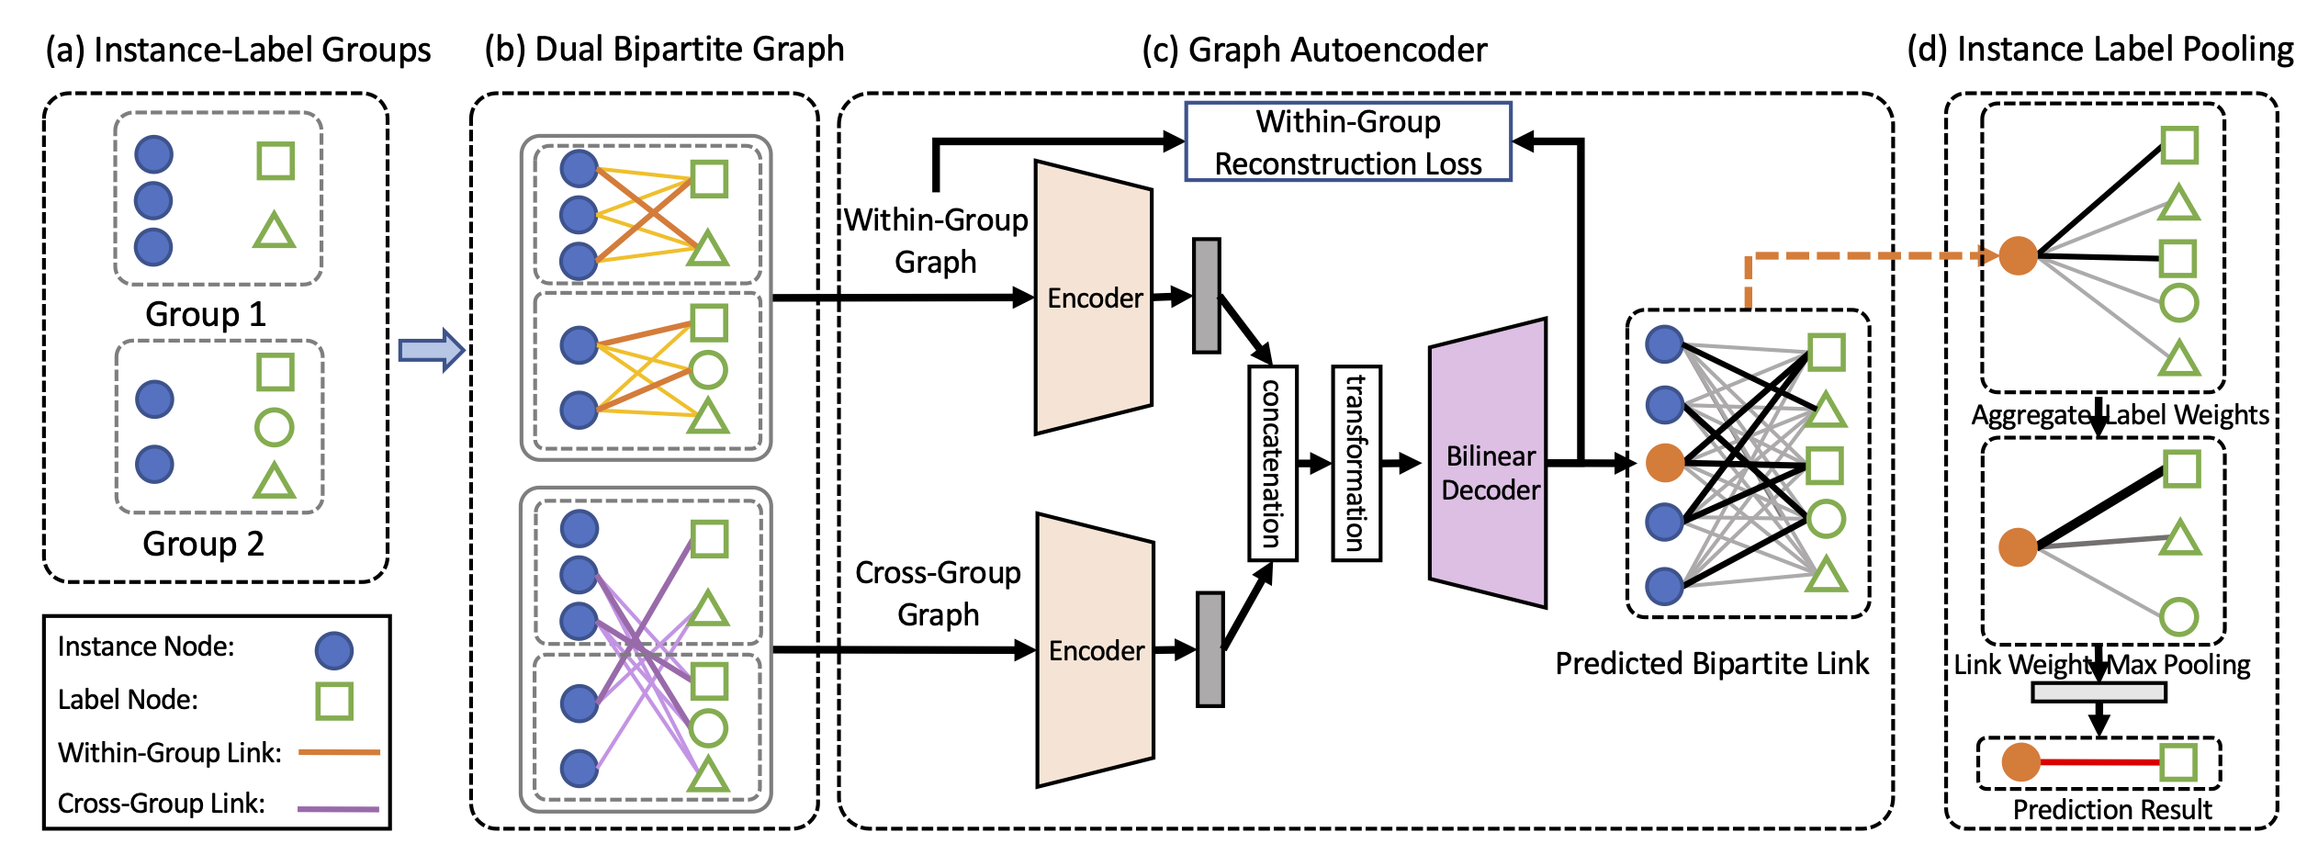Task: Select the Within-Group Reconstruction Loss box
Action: (x=1347, y=142)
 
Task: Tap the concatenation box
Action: (x=1272, y=463)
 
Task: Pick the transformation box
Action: (x=1356, y=463)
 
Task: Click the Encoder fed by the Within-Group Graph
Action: (x=1093, y=298)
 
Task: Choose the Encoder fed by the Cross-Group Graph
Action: (x=1095, y=650)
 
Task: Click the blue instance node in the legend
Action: (x=333, y=650)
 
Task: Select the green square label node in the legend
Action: (x=334, y=701)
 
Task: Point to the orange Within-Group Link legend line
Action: (x=339, y=752)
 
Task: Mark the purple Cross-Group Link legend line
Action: (x=338, y=808)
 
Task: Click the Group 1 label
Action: (x=205, y=315)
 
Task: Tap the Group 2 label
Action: (x=203, y=544)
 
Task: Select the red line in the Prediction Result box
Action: (x=2099, y=762)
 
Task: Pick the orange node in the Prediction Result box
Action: (x=2020, y=762)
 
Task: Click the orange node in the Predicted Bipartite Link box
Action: (x=1665, y=463)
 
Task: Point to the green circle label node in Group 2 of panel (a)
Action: (x=274, y=427)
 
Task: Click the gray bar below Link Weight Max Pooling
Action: (x=2099, y=692)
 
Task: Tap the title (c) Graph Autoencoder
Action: (x=1314, y=50)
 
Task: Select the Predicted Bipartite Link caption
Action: (x=1711, y=663)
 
